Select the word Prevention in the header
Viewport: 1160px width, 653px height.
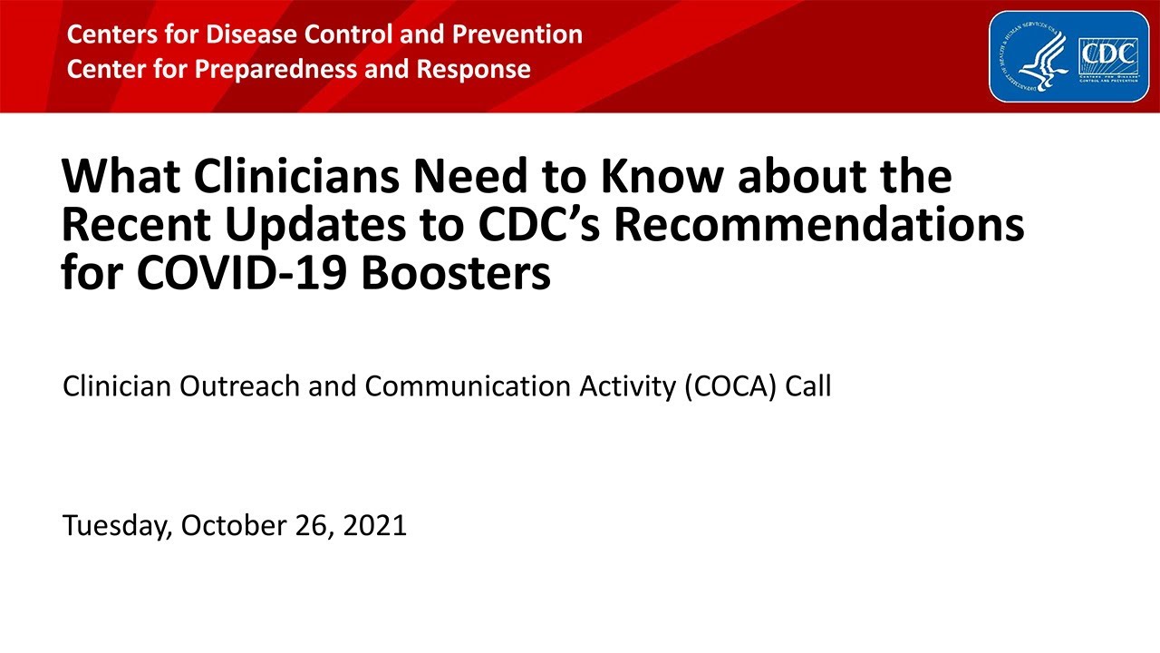click(x=517, y=34)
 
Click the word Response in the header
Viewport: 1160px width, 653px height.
click(x=473, y=70)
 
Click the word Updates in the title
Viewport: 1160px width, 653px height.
click(x=316, y=226)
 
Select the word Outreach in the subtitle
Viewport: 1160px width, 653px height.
click(x=240, y=386)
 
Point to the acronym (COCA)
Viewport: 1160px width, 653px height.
click(x=730, y=387)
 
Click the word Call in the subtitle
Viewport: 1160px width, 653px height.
click(x=808, y=386)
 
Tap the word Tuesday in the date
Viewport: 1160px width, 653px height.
click(x=118, y=527)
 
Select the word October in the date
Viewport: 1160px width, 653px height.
click(x=234, y=525)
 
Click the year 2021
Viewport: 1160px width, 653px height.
click(x=375, y=525)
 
